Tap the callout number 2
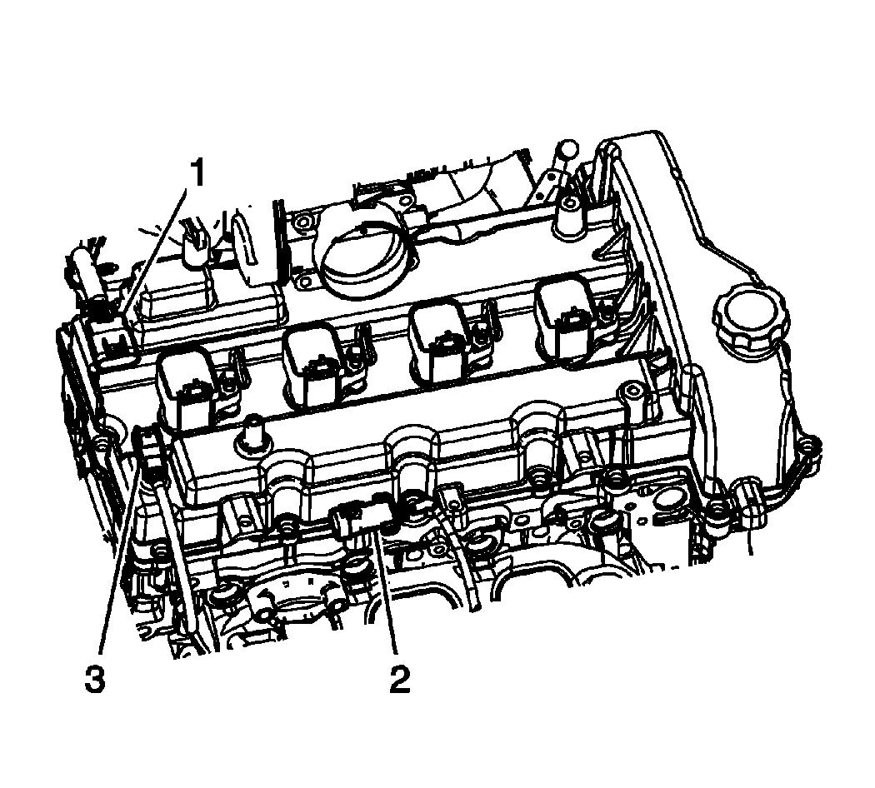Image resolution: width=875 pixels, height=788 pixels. (x=399, y=679)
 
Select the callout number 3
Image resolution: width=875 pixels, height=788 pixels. (x=94, y=679)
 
